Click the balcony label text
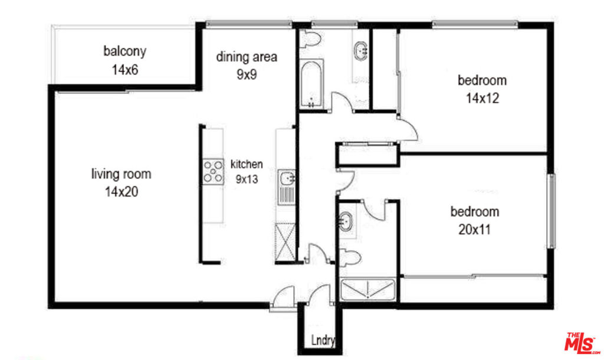pos(125,51)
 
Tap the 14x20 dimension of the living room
pos(122,192)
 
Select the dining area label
pos(247,57)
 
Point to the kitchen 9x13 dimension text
pos(247,179)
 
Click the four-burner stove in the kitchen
pos(213,171)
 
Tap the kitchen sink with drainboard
pos(287,187)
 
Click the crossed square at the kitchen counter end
pos(285,241)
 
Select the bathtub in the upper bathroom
pos(311,84)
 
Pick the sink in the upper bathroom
pos(361,50)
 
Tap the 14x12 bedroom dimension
pos(482,99)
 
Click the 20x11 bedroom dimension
pos(475,230)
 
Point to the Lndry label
pos(323,341)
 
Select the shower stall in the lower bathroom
pos(368,289)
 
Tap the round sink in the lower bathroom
pos(346,222)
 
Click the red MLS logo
pos(582,343)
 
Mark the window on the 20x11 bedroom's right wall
pos(552,211)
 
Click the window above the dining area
pos(249,24)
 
